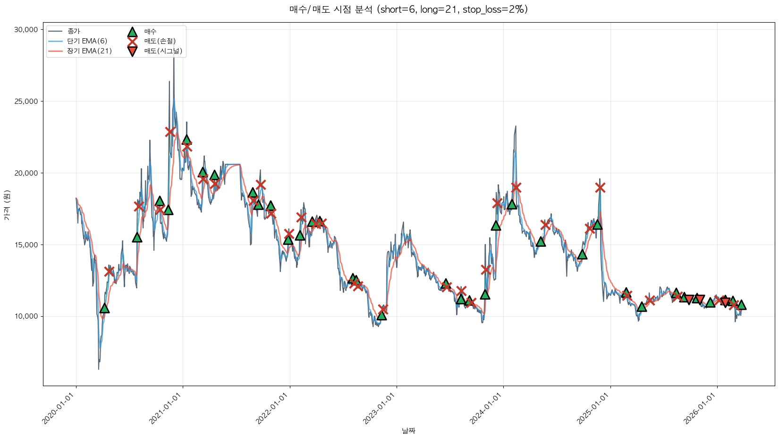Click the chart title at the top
point(408,9)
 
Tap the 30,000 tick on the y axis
point(26,30)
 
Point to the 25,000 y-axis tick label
point(26,101)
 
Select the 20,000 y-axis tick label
point(26,173)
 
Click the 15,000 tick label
point(26,245)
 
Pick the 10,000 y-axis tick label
point(26,317)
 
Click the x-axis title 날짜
point(408,431)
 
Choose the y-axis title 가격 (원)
point(7,205)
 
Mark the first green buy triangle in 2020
point(104,308)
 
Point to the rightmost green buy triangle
point(741,305)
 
